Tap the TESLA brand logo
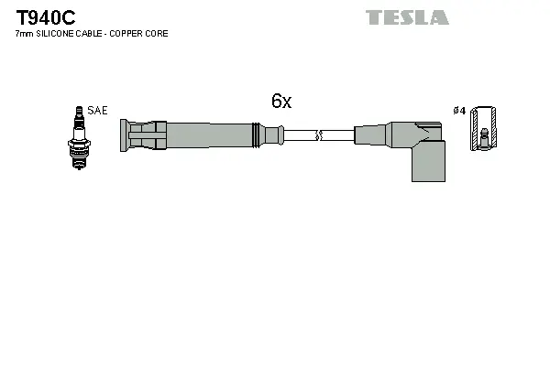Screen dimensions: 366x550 pos(407,17)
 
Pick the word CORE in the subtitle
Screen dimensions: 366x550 pos(157,34)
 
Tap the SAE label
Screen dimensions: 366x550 pos(98,111)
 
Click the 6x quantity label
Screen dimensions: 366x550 pos(281,102)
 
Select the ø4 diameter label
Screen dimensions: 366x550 pos(459,111)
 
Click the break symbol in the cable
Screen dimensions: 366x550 pos(318,135)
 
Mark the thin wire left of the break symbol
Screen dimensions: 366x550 pos(299,135)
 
